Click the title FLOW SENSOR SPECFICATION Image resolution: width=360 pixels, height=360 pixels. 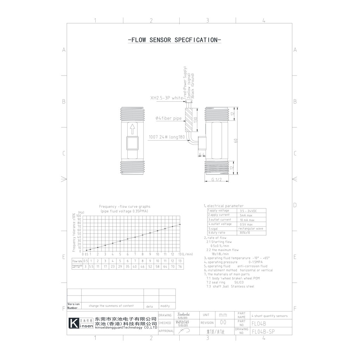[174, 40]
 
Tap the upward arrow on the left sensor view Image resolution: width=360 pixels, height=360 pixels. [133, 129]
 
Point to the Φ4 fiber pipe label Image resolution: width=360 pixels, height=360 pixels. [169, 118]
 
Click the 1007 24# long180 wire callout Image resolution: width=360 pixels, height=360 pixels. [167, 137]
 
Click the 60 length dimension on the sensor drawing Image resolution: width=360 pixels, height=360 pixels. [236, 140]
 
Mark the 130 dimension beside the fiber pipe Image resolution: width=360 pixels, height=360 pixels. [195, 119]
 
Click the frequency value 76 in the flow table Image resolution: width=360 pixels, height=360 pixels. [180, 267]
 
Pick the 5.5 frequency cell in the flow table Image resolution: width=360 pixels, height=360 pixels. [91, 267]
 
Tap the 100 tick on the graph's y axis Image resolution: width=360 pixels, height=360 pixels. [79, 216]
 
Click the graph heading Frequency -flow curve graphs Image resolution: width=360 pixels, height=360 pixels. [125, 207]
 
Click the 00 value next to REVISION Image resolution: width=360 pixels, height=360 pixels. [223, 322]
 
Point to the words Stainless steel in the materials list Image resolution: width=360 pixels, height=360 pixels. [242, 287]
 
